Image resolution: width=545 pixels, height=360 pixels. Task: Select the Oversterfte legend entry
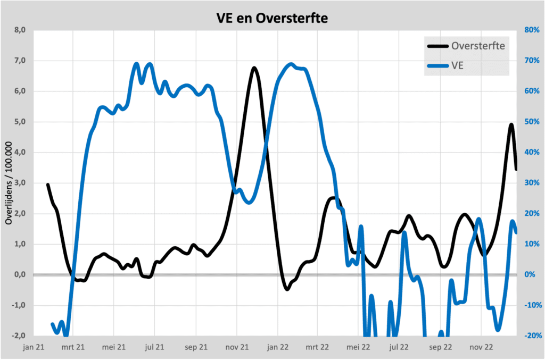477,45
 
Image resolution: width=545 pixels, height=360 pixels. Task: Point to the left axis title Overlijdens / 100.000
9,182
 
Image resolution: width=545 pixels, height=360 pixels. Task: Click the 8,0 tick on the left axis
20,30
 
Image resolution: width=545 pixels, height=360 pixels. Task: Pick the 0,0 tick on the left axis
20,275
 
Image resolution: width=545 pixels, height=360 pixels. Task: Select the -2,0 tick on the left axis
19,336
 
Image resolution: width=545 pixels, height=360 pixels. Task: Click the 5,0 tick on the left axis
20,122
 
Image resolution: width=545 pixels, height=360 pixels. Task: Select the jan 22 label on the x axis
277,347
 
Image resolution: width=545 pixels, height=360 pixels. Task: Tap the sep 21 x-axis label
196,347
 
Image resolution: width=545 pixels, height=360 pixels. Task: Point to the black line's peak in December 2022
511,124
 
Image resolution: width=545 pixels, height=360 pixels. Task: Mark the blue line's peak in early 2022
291,64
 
